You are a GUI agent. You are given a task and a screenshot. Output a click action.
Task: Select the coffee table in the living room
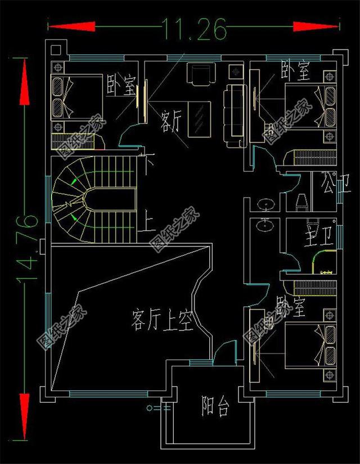click(x=197, y=119)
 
